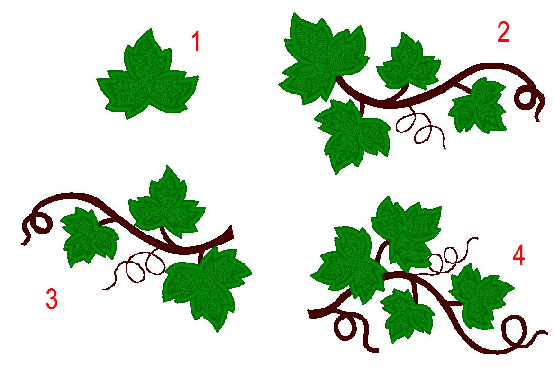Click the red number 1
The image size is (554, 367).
click(x=195, y=42)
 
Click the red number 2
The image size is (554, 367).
click(x=503, y=33)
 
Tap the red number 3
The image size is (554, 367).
click(x=51, y=299)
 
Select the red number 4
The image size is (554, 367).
click(x=518, y=256)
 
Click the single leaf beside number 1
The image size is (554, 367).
click(x=147, y=78)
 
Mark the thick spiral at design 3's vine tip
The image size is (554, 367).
click(x=38, y=223)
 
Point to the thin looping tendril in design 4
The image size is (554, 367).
click(x=448, y=256)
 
